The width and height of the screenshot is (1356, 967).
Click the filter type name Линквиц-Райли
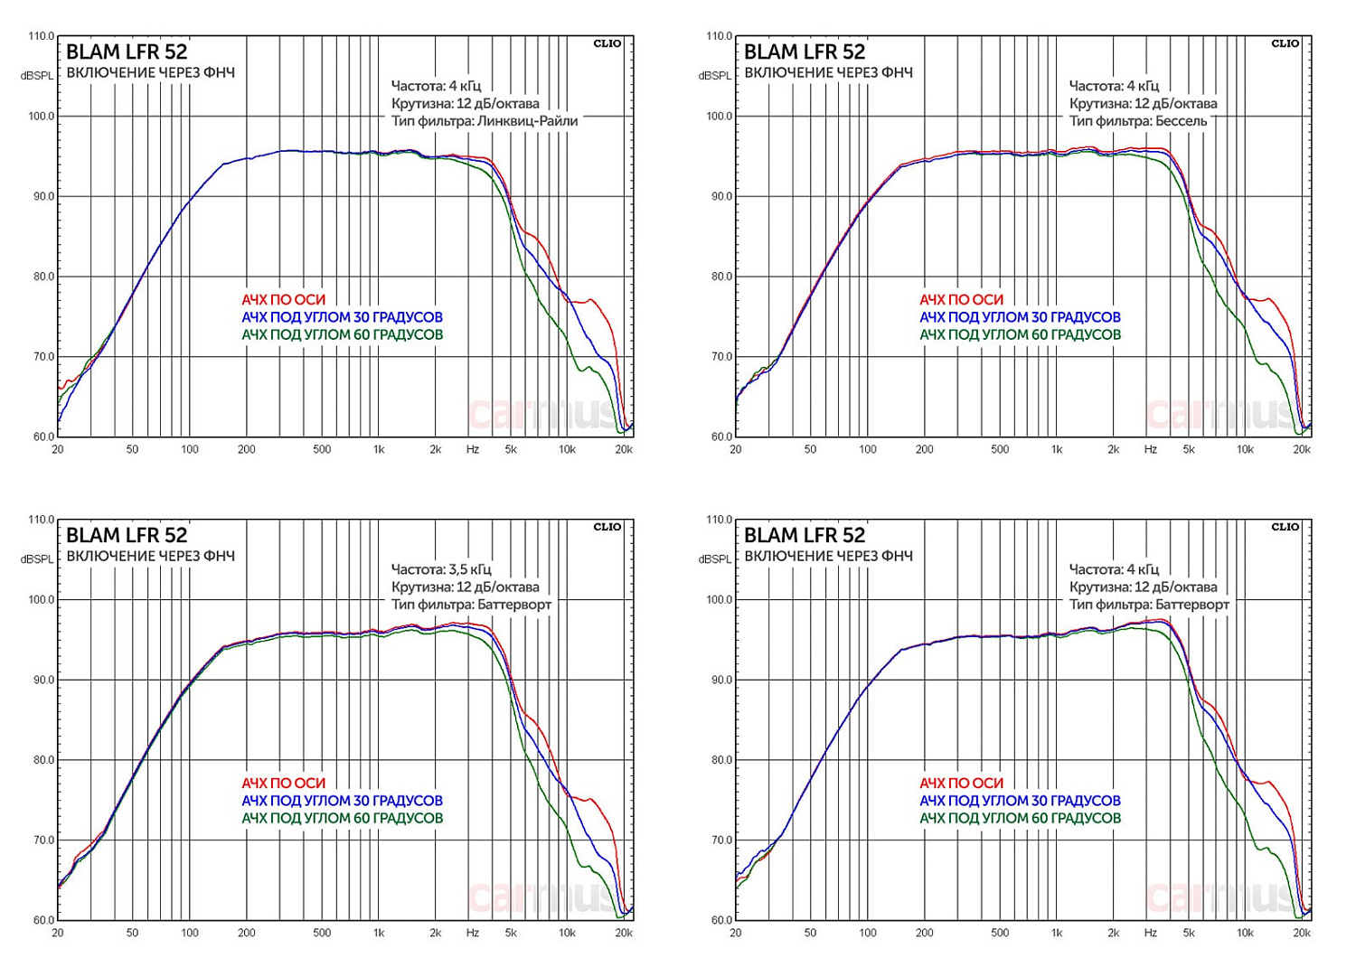[527, 121]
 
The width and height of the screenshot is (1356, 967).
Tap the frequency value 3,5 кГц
[470, 569]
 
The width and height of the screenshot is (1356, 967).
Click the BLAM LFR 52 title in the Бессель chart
[805, 52]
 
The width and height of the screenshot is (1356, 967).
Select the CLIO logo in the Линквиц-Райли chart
[607, 43]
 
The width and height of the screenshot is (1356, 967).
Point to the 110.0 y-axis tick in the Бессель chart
[720, 36]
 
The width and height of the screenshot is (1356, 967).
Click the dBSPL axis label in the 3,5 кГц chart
[37, 559]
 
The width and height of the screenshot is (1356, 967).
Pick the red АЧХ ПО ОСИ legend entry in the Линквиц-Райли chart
[283, 300]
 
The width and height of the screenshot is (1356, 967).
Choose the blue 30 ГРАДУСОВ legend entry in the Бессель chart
[1020, 317]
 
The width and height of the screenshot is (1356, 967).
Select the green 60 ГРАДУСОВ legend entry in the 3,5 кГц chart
[342, 818]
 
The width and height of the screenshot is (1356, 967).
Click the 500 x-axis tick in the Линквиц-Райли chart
[322, 449]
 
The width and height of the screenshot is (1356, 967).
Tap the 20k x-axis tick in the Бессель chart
[1302, 449]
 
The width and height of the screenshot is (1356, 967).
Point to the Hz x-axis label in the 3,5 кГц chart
[473, 933]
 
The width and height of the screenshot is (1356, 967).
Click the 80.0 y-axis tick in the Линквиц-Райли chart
[42, 277]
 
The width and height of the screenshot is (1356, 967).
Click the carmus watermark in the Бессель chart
[1220, 414]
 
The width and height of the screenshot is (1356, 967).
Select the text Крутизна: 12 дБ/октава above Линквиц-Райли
[465, 104]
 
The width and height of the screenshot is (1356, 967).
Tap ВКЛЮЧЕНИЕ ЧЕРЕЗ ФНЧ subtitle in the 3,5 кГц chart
[150, 557]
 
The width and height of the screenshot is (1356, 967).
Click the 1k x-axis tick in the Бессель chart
[1057, 449]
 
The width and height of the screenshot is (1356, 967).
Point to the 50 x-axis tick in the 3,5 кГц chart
[132, 933]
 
